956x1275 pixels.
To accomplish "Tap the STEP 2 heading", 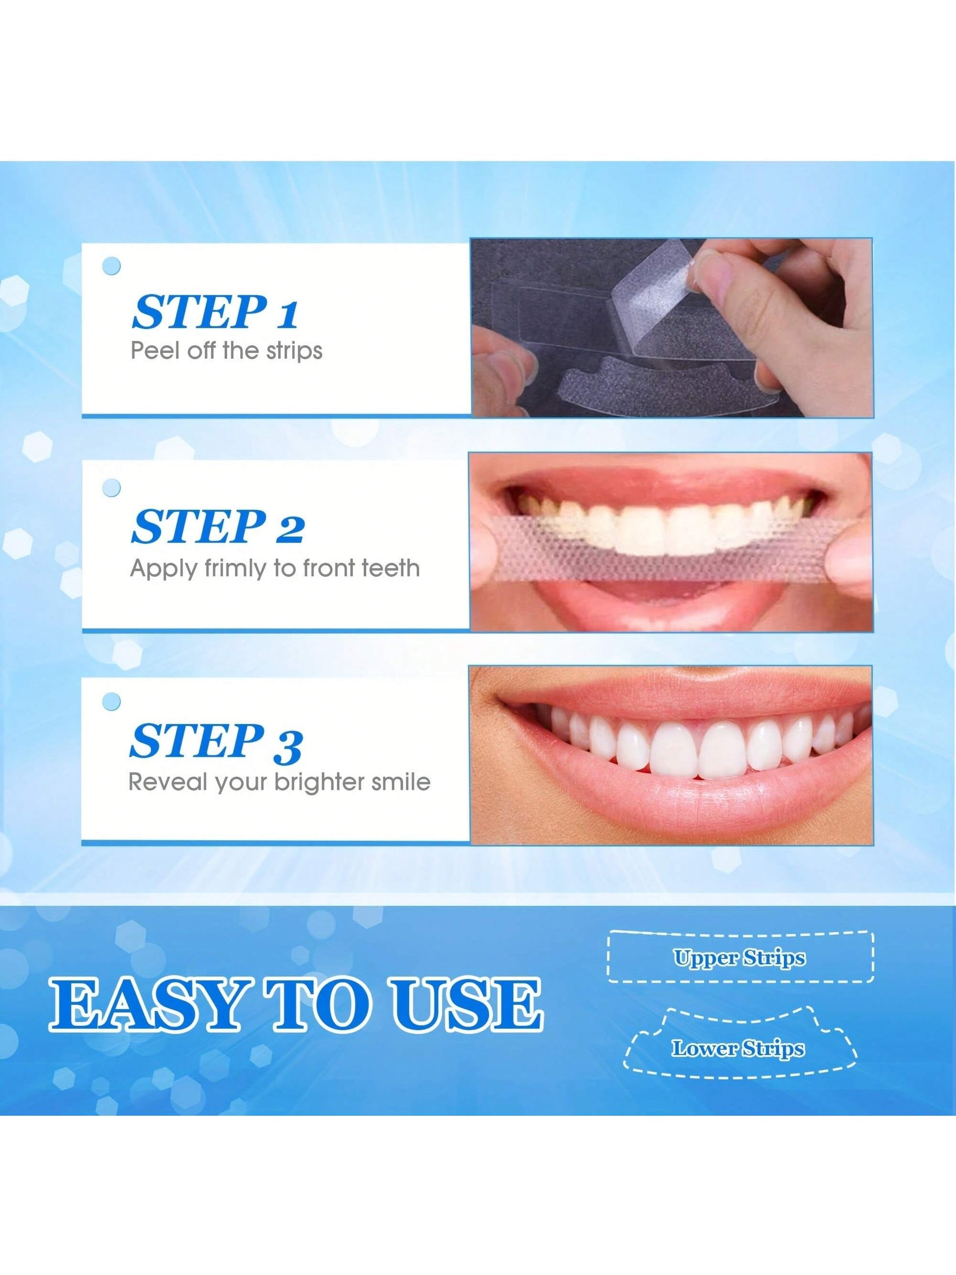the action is [x=217, y=526].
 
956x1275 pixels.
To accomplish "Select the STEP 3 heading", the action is [x=216, y=741].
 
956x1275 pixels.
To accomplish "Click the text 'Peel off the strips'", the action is [x=226, y=351].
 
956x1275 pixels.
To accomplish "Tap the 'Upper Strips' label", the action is [x=740, y=957].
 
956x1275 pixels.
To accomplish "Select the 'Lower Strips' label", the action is [x=738, y=1048].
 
